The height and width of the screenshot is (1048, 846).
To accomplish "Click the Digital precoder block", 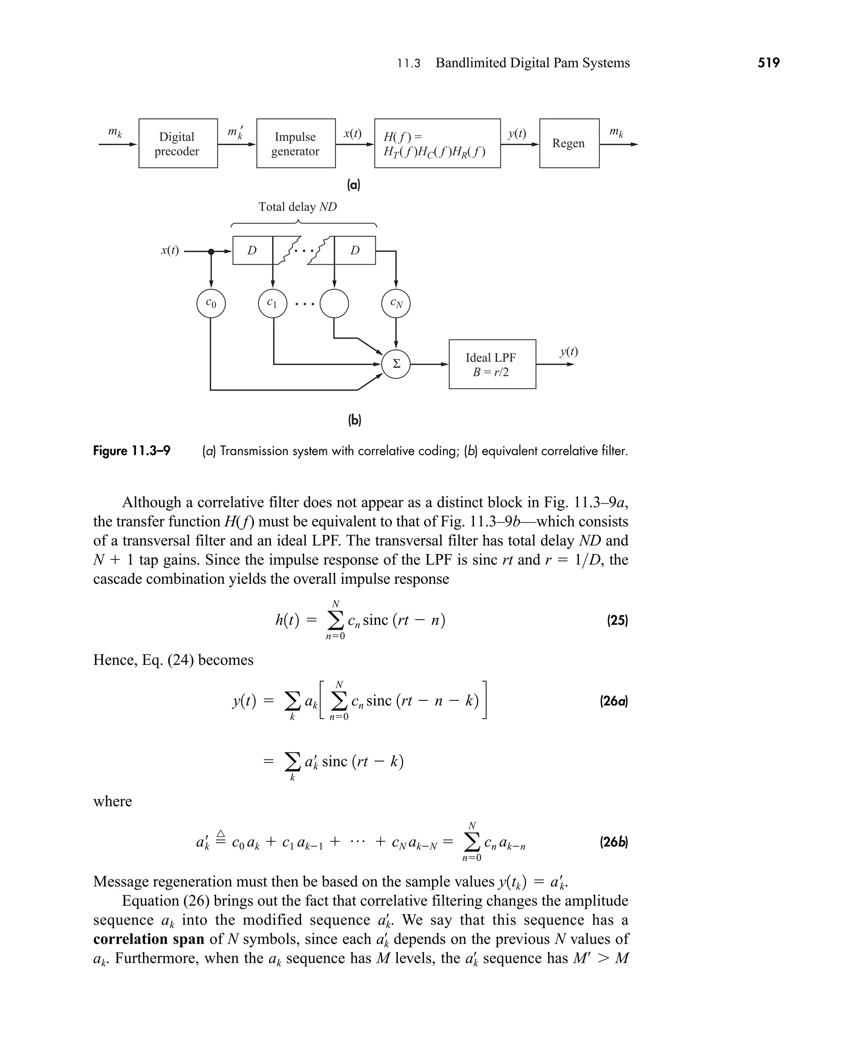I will [x=178, y=143].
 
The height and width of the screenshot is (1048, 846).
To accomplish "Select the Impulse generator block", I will [x=296, y=143].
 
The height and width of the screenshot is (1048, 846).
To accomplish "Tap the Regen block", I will [x=569, y=143].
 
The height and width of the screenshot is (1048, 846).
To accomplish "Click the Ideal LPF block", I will [x=492, y=364].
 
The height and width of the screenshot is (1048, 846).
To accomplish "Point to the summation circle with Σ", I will [x=396, y=364].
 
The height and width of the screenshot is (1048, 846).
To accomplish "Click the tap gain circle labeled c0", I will [x=211, y=303].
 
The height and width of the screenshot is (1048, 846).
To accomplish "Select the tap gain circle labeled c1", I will [x=272, y=303].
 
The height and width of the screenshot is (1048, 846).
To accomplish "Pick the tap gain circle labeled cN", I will [x=396, y=303].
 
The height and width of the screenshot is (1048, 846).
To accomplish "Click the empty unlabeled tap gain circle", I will [x=334, y=303].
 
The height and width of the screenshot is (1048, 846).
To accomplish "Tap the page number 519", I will [x=768, y=63].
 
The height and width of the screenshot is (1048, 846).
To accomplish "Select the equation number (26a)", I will [x=613, y=702].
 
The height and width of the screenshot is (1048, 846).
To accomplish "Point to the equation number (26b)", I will [x=613, y=842].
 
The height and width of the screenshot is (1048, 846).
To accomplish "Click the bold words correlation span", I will [x=149, y=939].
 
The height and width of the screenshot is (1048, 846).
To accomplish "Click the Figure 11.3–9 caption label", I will [x=132, y=451].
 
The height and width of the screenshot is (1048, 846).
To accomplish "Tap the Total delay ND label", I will [x=297, y=207].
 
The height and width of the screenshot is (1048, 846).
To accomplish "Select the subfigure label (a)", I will [x=353, y=184].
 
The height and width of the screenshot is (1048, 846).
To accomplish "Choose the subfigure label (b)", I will [x=354, y=420].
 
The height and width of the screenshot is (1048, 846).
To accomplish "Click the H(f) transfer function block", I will [x=437, y=143].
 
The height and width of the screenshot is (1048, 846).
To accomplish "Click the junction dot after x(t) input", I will [x=211, y=252].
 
